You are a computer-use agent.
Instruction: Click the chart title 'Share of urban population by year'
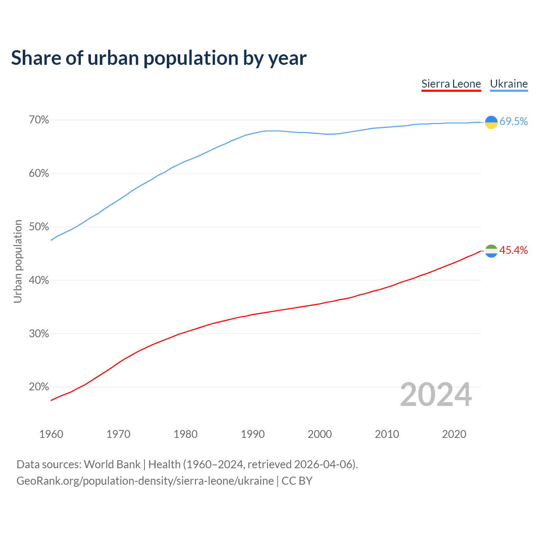pyautogui.click(x=159, y=58)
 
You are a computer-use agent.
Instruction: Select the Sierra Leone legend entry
pyautogui.click(x=451, y=84)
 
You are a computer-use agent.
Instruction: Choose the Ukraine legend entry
pyautogui.click(x=509, y=84)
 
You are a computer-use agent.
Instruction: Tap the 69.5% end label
pyautogui.click(x=513, y=121)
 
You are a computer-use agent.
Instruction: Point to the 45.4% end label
pyautogui.click(x=513, y=251)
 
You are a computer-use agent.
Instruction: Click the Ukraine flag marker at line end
pyautogui.click(x=491, y=122)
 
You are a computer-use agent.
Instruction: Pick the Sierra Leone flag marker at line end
pyautogui.click(x=491, y=251)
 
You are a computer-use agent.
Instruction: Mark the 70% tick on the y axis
pyautogui.click(x=39, y=120)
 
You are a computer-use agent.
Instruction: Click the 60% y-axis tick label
pyautogui.click(x=39, y=173)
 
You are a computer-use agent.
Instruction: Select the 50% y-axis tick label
pyautogui.click(x=39, y=227)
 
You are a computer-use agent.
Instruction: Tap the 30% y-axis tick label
pyautogui.click(x=39, y=334)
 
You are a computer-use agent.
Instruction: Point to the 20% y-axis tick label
pyautogui.click(x=39, y=387)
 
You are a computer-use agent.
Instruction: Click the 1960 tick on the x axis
pyautogui.click(x=51, y=434)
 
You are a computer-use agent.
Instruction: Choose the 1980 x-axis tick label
pyautogui.click(x=185, y=434)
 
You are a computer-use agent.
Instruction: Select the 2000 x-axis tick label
pyautogui.click(x=320, y=434)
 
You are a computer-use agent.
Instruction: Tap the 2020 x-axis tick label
pyautogui.click(x=454, y=434)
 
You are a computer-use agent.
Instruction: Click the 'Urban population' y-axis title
pyautogui.click(x=18, y=261)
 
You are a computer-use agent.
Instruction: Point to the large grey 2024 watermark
pyautogui.click(x=436, y=395)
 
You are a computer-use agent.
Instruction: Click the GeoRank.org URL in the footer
pyautogui.click(x=145, y=481)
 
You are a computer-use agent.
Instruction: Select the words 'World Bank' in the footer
pyautogui.click(x=112, y=464)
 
